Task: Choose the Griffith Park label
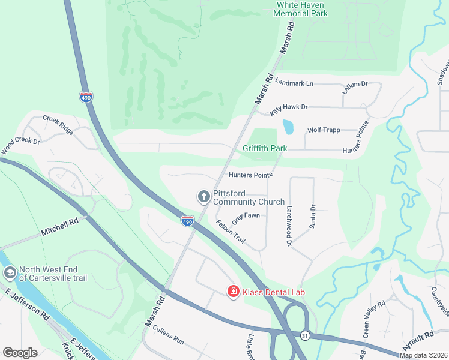click(265, 148)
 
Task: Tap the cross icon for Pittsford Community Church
click(204, 196)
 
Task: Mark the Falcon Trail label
click(231, 231)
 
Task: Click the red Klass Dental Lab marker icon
click(233, 292)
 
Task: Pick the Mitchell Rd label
click(60, 226)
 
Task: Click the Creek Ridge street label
click(58, 124)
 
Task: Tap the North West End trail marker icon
click(10, 273)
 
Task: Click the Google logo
click(20, 353)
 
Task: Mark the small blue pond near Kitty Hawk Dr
click(288, 127)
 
